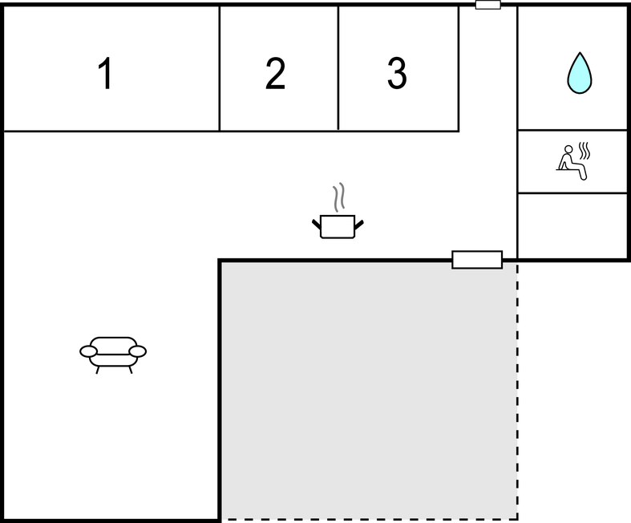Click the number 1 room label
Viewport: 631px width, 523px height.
(x=105, y=73)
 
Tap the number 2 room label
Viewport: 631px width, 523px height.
(x=275, y=73)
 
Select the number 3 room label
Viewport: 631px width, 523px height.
(x=397, y=73)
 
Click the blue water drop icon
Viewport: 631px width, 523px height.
(x=580, y=73)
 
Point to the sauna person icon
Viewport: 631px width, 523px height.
(x=573, y=160)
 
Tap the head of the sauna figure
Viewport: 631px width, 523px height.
(x=568, y=149)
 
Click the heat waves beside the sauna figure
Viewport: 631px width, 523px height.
(x=584, y=150)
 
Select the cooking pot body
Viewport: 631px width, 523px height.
(x=338, y=227)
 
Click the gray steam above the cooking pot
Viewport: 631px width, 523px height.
(x=339, y=197)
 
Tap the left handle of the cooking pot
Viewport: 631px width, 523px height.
(x=317, y=225)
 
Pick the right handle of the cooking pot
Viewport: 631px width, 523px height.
(x=359, y=225)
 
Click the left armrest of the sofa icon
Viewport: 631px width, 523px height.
(x=88, y=351)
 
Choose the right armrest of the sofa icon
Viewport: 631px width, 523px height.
(x=138, y=351)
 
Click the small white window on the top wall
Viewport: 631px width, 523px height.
(x=488, y=5)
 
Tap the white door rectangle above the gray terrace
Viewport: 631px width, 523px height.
(x=477, y=260)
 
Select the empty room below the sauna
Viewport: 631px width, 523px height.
(x=572, y=226)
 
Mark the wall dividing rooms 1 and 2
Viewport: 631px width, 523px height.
(x=220, y=68)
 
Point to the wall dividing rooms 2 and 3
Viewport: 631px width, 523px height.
(x=338, y=68)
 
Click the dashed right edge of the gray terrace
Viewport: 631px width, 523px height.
(x=517, y=391)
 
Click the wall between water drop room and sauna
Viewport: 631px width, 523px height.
(x=572, y=130)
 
